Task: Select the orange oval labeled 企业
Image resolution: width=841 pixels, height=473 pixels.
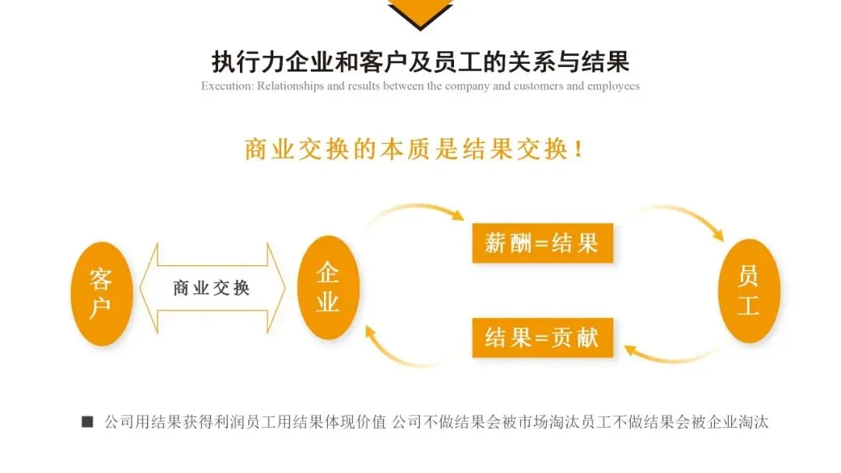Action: point(327,287)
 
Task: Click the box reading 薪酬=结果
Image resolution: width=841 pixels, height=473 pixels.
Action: point(542,244)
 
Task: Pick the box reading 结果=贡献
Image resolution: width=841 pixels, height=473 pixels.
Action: point(542,338)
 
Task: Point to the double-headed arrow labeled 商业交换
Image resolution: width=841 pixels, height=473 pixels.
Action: point(212,288)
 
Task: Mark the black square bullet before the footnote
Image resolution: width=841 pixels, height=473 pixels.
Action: point(87,422)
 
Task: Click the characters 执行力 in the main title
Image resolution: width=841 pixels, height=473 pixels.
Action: point(241,61)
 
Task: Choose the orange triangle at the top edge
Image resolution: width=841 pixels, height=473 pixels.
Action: point(420,12)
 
